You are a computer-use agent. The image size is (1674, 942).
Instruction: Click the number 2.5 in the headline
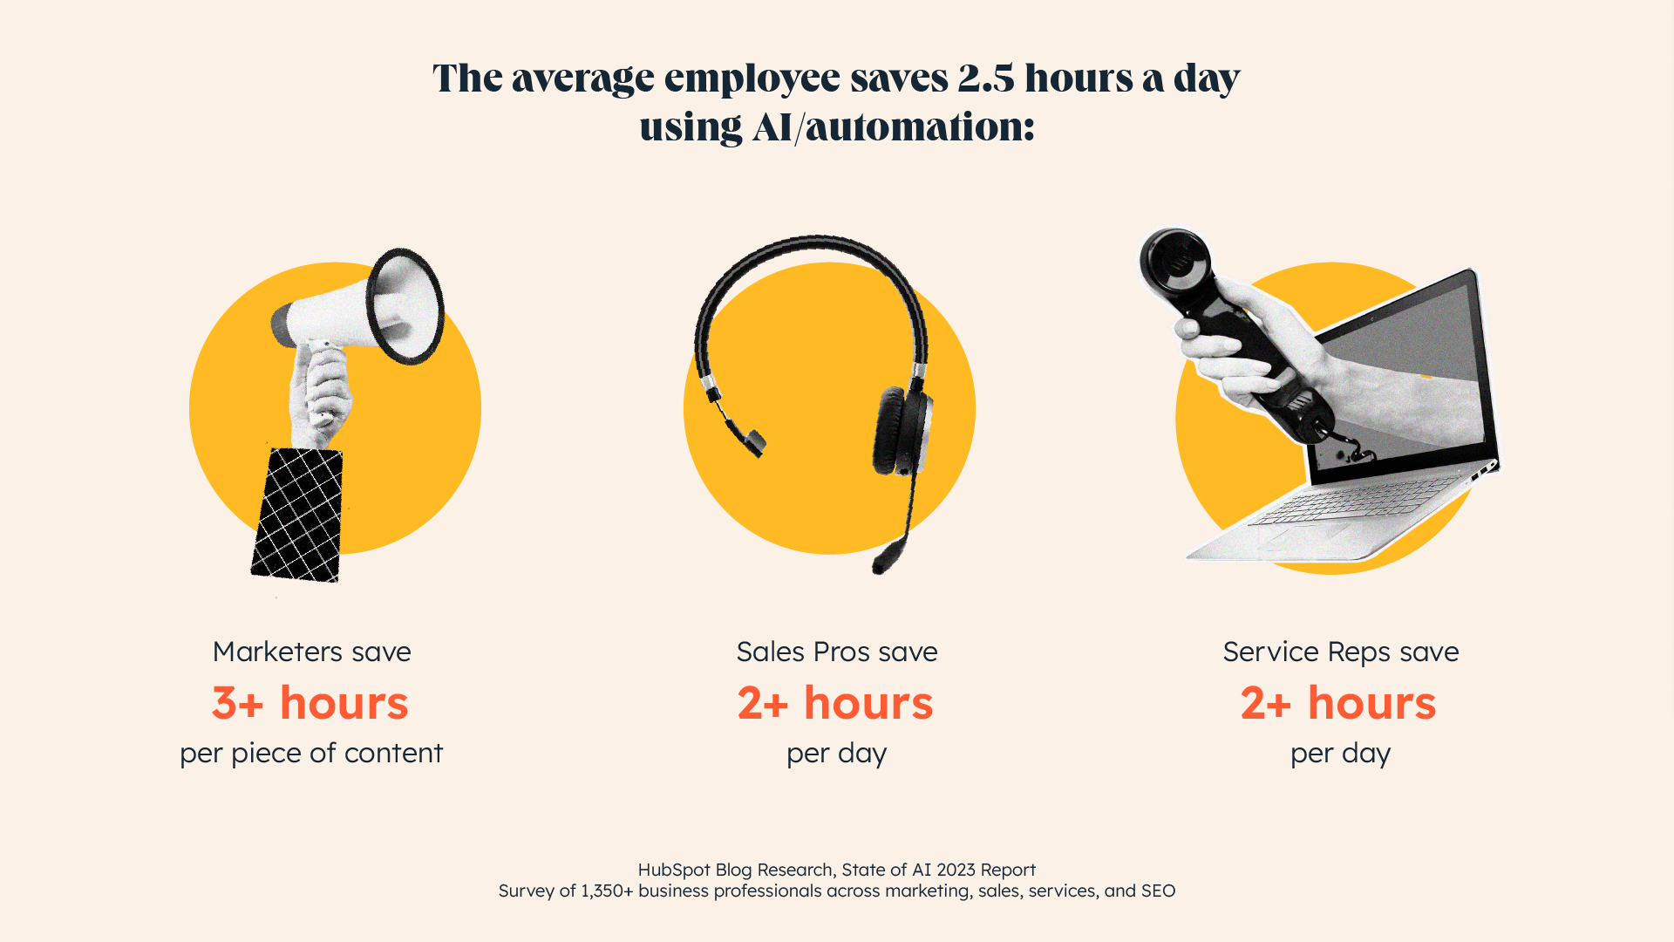tap(986, 78)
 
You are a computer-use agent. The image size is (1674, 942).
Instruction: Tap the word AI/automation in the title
tap(893, 127)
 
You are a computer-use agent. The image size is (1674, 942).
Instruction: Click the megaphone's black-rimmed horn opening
tap(406, 305)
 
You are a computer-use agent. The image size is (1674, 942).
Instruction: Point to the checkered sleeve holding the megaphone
tap(297, 515)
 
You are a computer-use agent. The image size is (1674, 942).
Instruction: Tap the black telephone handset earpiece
tap(1174, 262)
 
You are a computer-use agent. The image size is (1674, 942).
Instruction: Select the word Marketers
tap(277, 652)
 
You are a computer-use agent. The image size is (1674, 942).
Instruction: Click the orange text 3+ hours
tap(310, 703)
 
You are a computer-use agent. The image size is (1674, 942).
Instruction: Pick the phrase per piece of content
tap(311, 753)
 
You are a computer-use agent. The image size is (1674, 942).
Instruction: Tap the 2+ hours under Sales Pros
tap(835, 703)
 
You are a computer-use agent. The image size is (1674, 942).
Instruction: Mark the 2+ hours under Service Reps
tap(1338, 703)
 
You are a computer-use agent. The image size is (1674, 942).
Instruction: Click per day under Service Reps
tap(1340, 753)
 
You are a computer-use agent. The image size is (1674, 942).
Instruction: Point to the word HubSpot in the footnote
tap(674, 870)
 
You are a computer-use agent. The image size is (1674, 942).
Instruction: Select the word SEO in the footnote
tap(1158, 891)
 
